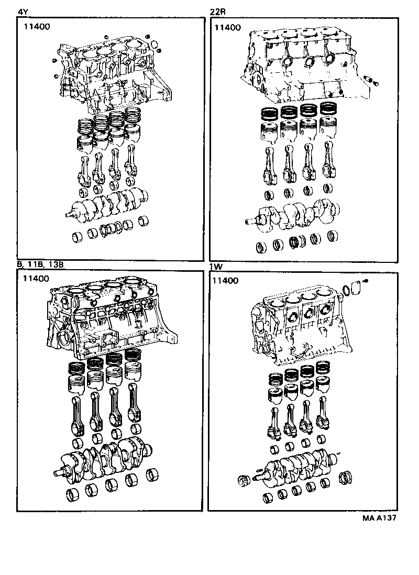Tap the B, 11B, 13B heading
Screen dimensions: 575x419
40,265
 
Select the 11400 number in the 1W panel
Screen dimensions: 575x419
226,281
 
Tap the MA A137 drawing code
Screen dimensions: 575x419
378,518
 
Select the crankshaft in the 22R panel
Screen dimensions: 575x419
293,215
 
